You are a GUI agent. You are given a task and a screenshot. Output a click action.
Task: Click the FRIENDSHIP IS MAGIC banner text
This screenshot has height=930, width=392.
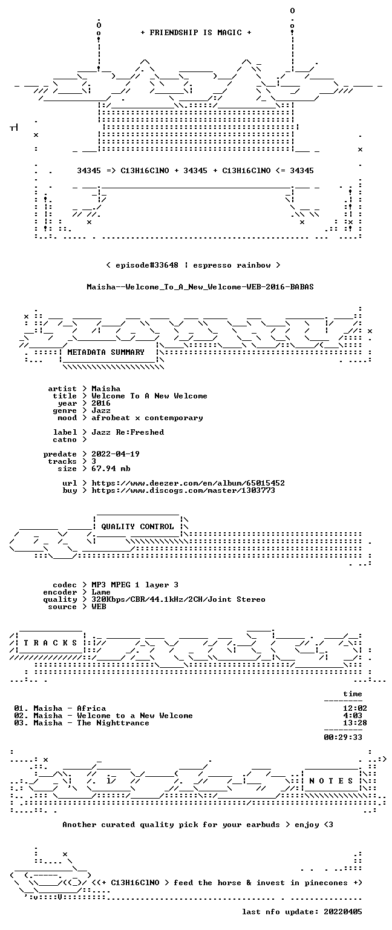pyautogui.click(x=196, y=32)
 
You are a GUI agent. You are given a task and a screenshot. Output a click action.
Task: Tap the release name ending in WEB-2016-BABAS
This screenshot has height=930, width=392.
pyautogui.click(x=200, y=287)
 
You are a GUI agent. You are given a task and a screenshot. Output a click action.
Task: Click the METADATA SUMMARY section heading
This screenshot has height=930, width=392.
pyautogui.click(x=106, y=352)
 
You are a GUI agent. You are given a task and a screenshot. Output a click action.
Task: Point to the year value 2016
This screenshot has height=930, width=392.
pyautogui.click(x=101, y=403)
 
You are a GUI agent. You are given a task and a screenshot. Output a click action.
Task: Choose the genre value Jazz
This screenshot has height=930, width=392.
pyautogui.click(x=101, y=411)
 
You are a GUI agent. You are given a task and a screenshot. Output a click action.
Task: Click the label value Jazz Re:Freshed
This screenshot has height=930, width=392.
pyautogui.click(x=128, y=432)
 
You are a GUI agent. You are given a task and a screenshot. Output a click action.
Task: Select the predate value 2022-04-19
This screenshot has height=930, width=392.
pyautogui.click(x=116, y=454)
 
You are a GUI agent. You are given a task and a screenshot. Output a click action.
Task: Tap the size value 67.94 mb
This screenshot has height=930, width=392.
pyautogui.click(x=111, y=469)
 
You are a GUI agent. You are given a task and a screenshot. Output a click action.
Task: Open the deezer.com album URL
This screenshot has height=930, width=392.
pyautogui.click(x=188, y=483)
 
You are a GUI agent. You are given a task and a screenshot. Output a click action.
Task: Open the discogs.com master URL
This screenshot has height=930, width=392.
pyautogui.click(x=183, y=490)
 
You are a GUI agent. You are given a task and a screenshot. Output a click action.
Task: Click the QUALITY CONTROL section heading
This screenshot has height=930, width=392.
pyautogui.click(x=137, y=527)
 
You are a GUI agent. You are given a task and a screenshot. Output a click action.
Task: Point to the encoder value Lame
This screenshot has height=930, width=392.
pyautogui.click(x=101, y=592)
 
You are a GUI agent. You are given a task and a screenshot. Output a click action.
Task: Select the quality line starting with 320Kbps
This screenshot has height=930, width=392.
pyautogui.click(x=178, y=599)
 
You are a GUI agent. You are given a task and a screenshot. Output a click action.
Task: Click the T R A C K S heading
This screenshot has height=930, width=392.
pyautogui.click(x=50, y=643)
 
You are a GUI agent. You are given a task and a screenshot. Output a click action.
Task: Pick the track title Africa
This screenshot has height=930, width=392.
pyautogui.click(x=91, y=708)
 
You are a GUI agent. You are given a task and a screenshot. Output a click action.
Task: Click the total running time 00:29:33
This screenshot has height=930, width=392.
pyautogui.click(x=343, y=737)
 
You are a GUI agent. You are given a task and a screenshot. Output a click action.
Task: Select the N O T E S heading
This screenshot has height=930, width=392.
pyautogui.click(x=331, y=781)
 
